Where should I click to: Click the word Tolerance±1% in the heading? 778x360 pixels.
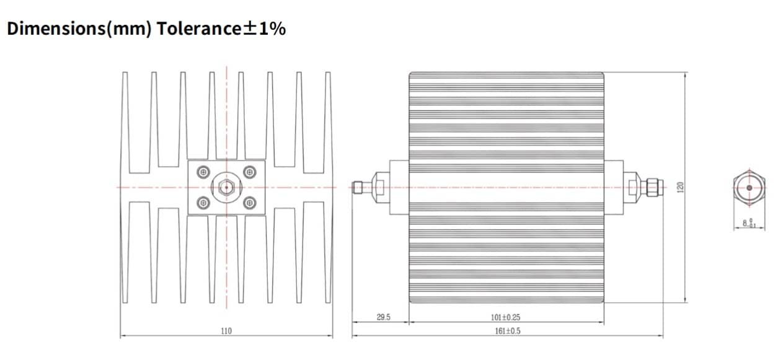[222, 29]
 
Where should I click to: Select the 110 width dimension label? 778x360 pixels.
[226, 331]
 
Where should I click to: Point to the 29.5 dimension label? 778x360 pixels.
[384, 317]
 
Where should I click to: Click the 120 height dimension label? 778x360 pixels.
[679, 187]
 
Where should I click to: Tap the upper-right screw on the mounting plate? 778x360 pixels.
[250, 172]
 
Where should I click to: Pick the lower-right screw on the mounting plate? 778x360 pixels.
[250, 201]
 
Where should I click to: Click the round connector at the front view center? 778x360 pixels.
[226, 187]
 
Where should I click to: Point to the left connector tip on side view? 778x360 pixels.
[358, 187]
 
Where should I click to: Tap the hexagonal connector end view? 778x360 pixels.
[749, 187]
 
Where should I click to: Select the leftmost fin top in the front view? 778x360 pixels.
[125, 74]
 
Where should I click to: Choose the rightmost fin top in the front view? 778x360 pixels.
[328, 74]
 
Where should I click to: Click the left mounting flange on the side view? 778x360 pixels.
[399, 187]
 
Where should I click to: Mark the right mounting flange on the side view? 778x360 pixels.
[613, 187]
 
